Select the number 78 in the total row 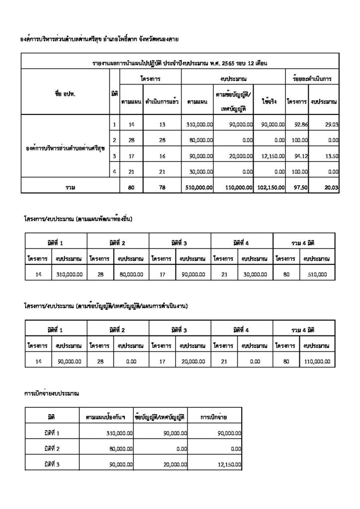coord(162,187)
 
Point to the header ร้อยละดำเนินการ coord(312,79)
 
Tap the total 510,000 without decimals coord(316,274)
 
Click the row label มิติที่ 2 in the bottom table coord(52,449)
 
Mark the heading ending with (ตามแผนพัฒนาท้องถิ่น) coord(79,218)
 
